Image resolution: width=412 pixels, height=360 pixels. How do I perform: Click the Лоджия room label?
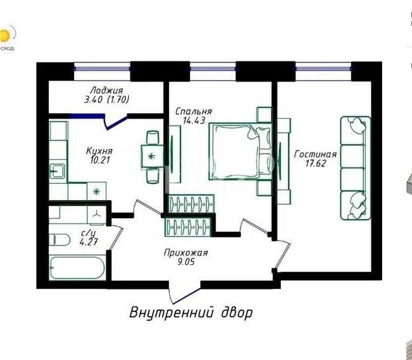pos(106,89)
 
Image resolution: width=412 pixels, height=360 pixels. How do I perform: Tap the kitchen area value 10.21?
pos(99,161)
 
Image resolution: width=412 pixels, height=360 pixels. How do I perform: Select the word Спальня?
pos(193,112)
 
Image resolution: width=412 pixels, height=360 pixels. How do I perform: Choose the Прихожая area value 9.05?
pos(185,264)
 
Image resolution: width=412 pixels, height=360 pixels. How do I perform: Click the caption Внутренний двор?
pos(191,313)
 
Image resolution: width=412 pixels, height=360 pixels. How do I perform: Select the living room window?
pos(321,66)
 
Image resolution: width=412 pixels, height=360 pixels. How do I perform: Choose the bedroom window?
pos(213,66)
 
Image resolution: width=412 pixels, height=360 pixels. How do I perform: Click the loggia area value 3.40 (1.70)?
pos(106,100)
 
